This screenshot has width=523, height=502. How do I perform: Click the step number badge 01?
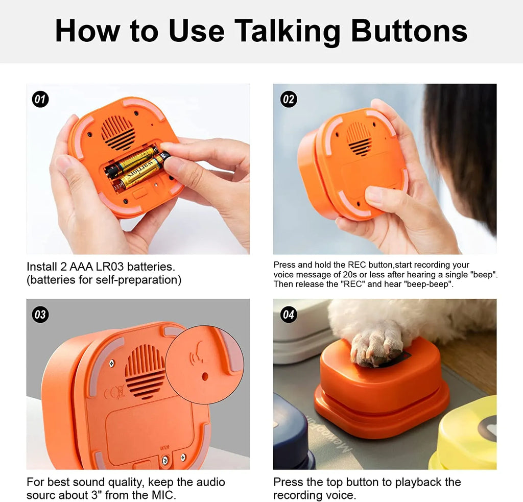[40, 99]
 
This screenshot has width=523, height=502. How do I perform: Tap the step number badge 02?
[289, 99]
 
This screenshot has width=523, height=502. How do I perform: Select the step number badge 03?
[40, 315]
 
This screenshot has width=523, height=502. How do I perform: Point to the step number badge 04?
[289, 315]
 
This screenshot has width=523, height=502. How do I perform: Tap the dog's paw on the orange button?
[378, 344]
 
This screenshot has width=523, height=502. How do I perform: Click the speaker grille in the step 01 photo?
[118, 132]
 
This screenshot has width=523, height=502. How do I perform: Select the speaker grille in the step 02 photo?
[359, 138]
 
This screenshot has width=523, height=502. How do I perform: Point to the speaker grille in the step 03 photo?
[145, 371]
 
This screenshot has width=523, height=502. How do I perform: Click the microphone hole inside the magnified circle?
[205, 376]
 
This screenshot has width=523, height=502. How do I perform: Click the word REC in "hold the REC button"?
[357, 265]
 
